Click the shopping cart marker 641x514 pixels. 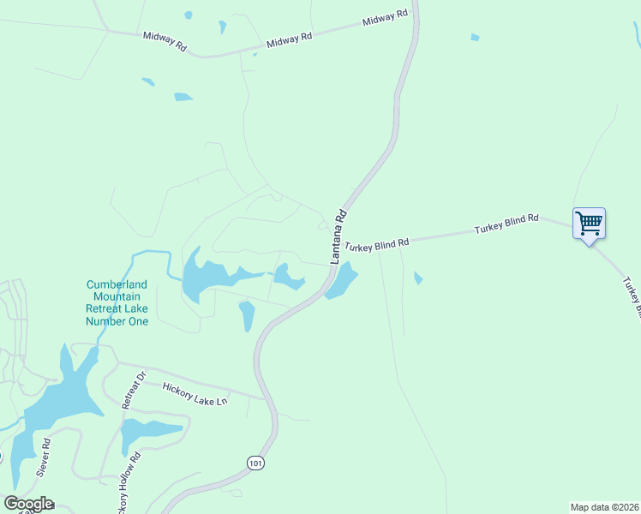pos(589,224)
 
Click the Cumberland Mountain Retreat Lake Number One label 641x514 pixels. pos(117,302)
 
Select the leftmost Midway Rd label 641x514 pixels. pos(165,42)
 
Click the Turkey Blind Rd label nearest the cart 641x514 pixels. pos(506,224)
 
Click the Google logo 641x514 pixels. pos(28,504)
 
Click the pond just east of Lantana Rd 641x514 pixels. pos(342,281)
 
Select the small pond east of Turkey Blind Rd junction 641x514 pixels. pos(417,278)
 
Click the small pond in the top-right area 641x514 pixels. pos(475,37)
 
